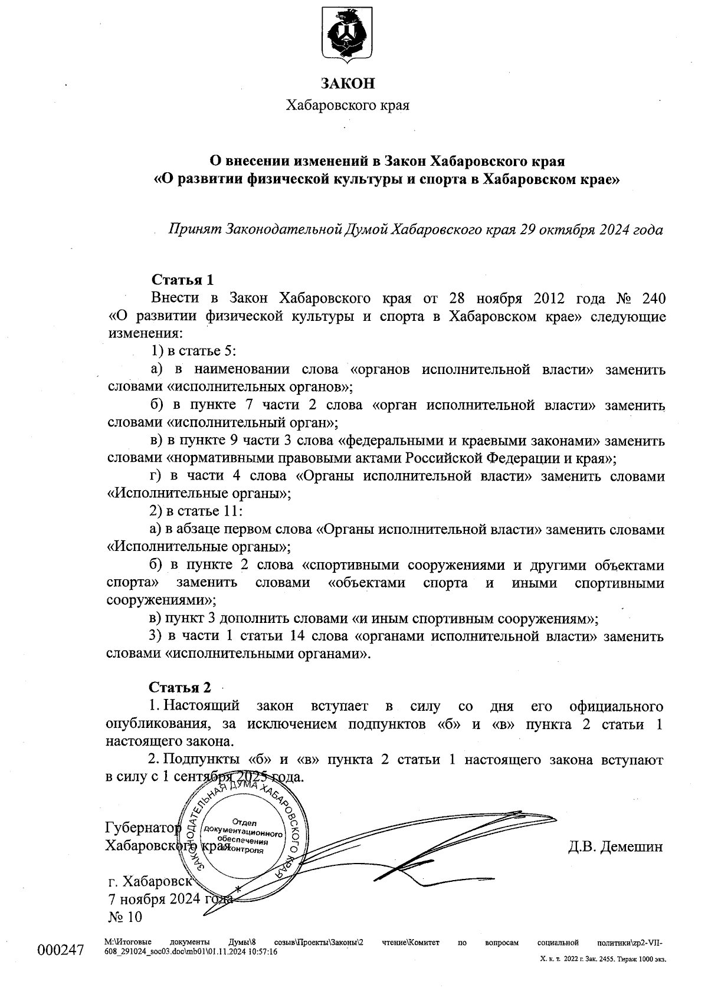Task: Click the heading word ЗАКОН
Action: [x=348, y=83]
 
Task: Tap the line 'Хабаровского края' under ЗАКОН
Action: [x=348, y=106]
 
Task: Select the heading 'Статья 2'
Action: [x=179, y=687]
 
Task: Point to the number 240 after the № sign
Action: [x=651, y=297]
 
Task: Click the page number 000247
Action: [x=61, y=951]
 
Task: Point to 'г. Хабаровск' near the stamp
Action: [x=151, y=882]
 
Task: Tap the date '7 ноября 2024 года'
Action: [x=169, y=900]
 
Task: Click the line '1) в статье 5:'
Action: [x=194, y=351]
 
